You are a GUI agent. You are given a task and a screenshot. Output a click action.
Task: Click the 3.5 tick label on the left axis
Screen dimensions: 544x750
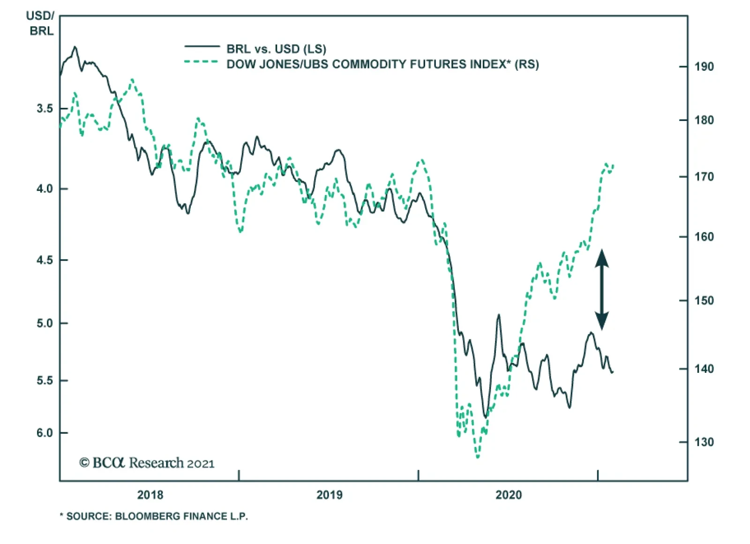pos(45,108)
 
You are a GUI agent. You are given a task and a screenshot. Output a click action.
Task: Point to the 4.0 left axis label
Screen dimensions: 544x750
pos(45,189)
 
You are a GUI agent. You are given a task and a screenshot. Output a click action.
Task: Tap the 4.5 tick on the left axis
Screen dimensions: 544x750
pos(45,259)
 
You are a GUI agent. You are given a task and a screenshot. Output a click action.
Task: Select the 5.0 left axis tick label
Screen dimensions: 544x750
pos(45,323)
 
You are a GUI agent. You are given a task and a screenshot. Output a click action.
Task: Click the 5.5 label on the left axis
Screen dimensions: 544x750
pos(45,380)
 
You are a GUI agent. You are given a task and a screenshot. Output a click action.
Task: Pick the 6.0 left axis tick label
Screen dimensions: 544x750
pos(45,433)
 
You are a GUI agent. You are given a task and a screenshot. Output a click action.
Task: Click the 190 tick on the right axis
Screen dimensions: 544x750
pos(704,67)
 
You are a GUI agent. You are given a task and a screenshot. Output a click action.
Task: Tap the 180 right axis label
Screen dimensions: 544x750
pos(704,120)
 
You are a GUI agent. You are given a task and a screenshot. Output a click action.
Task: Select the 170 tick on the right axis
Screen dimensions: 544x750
pos(704,177)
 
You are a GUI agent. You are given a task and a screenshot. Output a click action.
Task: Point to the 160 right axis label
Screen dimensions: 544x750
pos(704,237)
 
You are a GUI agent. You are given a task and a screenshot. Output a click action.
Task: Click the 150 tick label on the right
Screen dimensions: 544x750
pos(704,300)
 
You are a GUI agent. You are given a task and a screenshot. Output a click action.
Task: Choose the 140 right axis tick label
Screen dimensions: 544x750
pos(704,369)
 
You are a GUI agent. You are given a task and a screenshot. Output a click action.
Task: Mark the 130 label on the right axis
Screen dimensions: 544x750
pos(704,442)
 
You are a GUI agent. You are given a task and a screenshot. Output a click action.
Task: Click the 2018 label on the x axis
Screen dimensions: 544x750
pos(150,495)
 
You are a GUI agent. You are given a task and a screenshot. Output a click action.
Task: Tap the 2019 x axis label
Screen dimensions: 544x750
pos(329,495)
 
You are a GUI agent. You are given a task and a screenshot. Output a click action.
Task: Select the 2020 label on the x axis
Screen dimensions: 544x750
pos(509,495)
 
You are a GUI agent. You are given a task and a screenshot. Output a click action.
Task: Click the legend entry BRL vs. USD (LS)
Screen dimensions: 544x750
pos(276,49)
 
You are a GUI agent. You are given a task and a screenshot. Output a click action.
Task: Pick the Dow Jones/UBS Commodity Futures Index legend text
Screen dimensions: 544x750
pos(382,64)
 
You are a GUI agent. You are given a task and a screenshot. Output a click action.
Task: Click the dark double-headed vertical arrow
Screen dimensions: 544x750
pos(602,289)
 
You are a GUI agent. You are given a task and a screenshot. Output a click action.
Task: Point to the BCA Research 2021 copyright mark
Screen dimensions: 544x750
pos(147,463)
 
